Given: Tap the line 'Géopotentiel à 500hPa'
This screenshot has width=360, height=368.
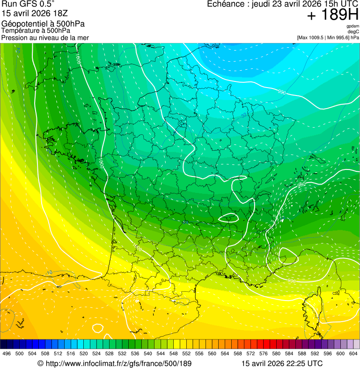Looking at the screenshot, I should tap(43, 24).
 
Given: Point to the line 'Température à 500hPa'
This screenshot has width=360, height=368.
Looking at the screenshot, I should tap(39, 31).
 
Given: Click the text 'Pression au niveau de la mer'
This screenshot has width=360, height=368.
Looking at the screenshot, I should tap(45, 37).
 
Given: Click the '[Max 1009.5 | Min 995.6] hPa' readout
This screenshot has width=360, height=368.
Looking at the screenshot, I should tap(328, 37).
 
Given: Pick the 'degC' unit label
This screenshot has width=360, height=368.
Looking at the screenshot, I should tap(353, 32).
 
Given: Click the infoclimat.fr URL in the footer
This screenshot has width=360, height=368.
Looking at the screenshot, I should tap(114, 363).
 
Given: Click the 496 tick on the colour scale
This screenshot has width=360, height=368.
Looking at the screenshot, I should tap(7, 353).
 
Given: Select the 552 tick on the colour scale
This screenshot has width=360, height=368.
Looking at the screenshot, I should tap(186, 353).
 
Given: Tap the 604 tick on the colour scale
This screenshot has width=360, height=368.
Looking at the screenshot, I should tap(353, 353).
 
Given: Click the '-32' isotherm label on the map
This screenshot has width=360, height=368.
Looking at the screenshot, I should tap(243, 115).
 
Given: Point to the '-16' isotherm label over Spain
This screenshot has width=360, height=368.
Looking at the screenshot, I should tap(49, 272).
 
